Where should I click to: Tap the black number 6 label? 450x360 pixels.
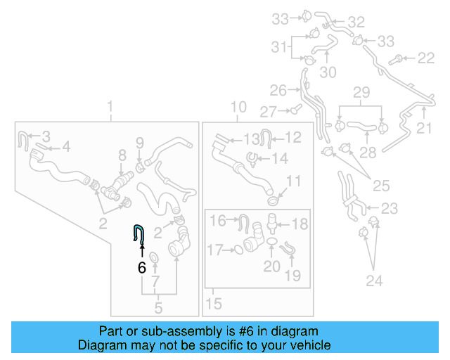(142, 268)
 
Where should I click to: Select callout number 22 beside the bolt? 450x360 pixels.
(426, 58)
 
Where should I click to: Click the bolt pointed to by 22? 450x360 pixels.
(395, 60)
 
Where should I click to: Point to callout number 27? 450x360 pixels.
(269, 112)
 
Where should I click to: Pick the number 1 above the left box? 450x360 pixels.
(110, 106)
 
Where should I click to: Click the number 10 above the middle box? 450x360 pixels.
(239, 107)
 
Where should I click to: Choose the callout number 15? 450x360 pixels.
(214, 304)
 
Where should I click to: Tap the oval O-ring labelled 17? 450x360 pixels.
(239, 250)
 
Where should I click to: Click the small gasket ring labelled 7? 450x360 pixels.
(155, 257)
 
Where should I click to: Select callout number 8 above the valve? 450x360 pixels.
(122, 155)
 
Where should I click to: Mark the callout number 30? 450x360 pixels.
(328, 72)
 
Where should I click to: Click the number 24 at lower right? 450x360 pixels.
(374, 281)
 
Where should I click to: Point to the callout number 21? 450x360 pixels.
(424, 128)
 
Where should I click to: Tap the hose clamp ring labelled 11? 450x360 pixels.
(274, 200)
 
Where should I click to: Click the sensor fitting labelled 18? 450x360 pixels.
(271, 223)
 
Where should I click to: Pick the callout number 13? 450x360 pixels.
(252, 140)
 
